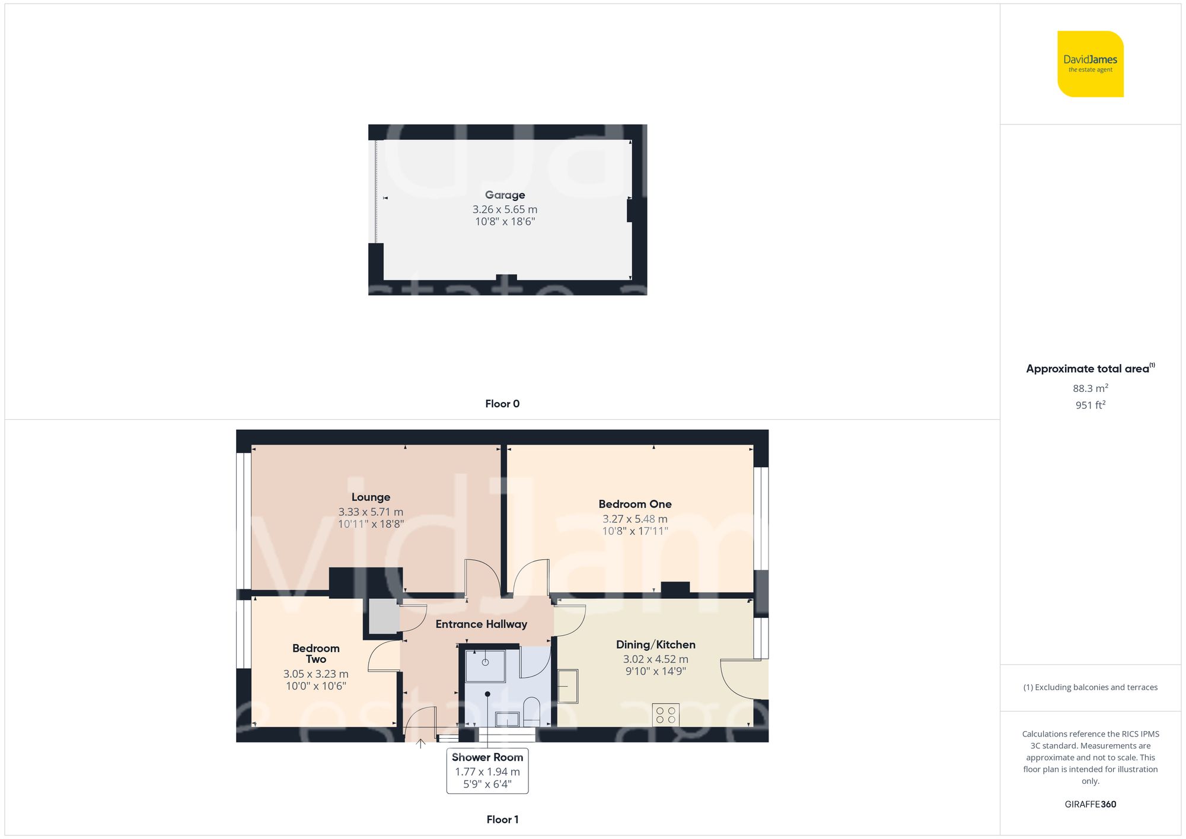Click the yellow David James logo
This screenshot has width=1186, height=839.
click(x=1090, y=64)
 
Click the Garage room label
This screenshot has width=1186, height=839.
click(x=505, y=195)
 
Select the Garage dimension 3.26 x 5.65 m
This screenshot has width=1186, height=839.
click(x=505, y=209)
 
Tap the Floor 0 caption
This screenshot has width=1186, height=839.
click(x=502, y=404)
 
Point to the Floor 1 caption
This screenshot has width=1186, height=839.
click(x=502, y=819)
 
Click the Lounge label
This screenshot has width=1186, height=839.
click(x=371, y=497)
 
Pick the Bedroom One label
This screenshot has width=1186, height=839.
click(x=635, y=505)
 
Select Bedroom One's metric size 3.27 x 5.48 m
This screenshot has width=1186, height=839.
click(x=635, y=519)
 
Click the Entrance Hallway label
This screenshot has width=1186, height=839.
click(x=481, y=624)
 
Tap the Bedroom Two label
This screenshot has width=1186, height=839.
click(x=315, y=653)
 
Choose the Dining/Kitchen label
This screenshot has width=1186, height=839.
click(x=655, y=645)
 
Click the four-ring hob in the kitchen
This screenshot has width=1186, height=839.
click(x=665, y=715)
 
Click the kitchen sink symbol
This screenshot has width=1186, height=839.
click(x=568, y=686)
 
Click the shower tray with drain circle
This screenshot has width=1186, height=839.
click(x=484, y=665)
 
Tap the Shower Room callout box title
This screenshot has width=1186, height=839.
click(x=487, y=757)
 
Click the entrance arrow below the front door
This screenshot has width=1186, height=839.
click(x=420, y=743)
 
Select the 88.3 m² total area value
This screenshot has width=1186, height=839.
click(x=1090, y=388)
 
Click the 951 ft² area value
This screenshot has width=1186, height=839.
click(x=1090, y=405)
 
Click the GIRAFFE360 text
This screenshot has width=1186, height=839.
click(x=1090, y=805)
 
